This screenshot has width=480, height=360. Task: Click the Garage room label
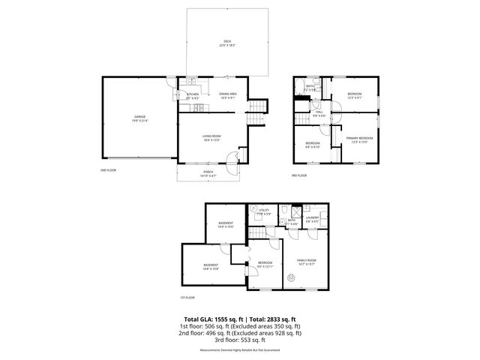pos(140,118)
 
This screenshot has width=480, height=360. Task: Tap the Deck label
pos(227,43)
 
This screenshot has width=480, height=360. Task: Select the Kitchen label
pos(193,96)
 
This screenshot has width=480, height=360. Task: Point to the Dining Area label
pos(227,95)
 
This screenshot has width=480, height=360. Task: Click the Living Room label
pos(211,137)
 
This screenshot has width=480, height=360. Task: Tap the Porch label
pos(208,174)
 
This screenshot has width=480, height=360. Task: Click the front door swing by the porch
pos(232,157)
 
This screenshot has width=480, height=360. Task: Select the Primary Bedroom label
pos(359,140)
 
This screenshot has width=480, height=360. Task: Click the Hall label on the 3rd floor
pos(319,113)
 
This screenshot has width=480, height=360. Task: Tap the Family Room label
pos(307,262)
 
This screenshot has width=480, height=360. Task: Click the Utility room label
pos(264,211)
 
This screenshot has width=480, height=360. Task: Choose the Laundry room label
pos(312,219)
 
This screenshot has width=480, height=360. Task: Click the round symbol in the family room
pos(294,276)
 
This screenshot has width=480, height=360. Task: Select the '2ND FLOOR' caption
pos(108,170)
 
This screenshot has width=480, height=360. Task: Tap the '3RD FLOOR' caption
pos(299,175)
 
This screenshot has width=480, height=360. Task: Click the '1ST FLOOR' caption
pos(187,297)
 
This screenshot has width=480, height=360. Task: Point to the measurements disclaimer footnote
pos(240,349)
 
